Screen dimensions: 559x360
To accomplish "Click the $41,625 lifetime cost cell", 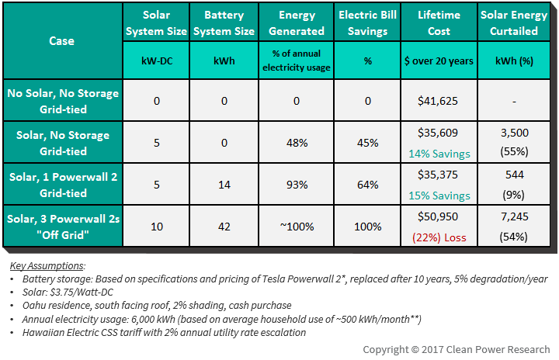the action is (x=439, y=100).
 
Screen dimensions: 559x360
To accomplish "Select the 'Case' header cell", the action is (x=62, y=40).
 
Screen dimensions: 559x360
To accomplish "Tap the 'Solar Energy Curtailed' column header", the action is (x=514, y=22).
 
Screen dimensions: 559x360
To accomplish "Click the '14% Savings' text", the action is (x=439, y=154).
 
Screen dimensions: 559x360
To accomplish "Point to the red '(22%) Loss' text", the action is (x=439, y=237).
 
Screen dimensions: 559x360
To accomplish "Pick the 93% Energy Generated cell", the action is (x=297, y=185).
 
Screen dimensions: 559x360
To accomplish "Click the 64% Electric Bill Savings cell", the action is (x=367, y=185).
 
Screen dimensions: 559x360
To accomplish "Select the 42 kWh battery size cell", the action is (x=224, y=227).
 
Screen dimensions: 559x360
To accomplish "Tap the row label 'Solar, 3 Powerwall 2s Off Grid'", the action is (x=63, y=227).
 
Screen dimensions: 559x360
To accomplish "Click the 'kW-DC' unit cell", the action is (x=157, y=61).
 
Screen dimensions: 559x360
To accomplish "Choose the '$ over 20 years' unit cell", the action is (x=439, y=61).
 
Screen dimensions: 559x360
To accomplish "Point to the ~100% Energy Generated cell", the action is (x=297, y=227).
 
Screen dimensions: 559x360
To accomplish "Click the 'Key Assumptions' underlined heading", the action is (x=47, y=265).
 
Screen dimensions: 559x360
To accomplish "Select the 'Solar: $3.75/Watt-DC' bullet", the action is (x=68, y=292).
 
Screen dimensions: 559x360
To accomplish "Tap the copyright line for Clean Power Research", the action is (x=457, y=349).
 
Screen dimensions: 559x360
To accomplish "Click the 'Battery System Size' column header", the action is (x=224, y=22).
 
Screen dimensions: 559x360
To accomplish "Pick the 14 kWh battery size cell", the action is (x=224, y=185).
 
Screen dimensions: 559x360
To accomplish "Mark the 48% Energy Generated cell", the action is (x=297, y=143).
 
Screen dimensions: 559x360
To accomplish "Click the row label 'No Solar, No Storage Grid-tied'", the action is (x=63, y=101).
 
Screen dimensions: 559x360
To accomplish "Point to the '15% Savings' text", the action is (x=439, y=196).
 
